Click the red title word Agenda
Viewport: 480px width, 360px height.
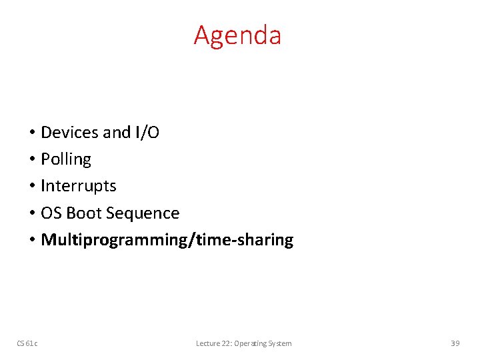click(x=237, y=36)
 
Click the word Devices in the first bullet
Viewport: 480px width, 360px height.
click(x=70, y=133)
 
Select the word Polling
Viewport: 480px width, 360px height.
click(x=66, y=160)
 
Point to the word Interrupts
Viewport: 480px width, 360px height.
click(x=79, y=186)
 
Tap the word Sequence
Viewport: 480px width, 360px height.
click(x=142, y=214)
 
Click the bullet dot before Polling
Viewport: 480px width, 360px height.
click(x=32, y=160)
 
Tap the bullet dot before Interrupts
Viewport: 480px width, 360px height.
click(x=32, y=187)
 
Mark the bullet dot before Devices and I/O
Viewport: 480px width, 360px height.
click(x=32, y=133)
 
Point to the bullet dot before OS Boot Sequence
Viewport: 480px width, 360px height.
click(x=32, y=214)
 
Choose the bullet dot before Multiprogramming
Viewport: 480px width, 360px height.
click(x=32, y=241)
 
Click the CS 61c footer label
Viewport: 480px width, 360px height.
click(x=27, y=343)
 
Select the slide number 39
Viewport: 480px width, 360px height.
click(x=455, y=343)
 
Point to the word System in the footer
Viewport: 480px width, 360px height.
click(x=280, y=343)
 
